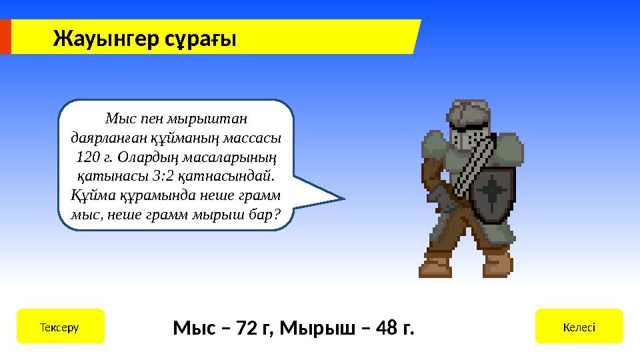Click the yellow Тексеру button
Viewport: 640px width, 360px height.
point(60,327)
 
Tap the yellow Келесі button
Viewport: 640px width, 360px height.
point(579,327)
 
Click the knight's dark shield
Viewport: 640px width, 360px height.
point(492,193)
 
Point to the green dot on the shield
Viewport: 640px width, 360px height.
point(492,191)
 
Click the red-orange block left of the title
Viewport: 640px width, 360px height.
point(5,37)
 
